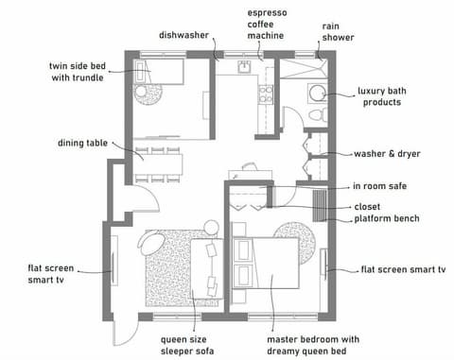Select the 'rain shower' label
click(x=337, y=31)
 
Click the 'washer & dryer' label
click(x=387, y=153)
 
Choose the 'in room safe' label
click(x=379, y=186)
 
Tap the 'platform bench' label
click(x=387, y=219)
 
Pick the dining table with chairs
click(x=161, y=163)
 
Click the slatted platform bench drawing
click(x=321, y=204)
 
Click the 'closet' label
click(x=367, y=206)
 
